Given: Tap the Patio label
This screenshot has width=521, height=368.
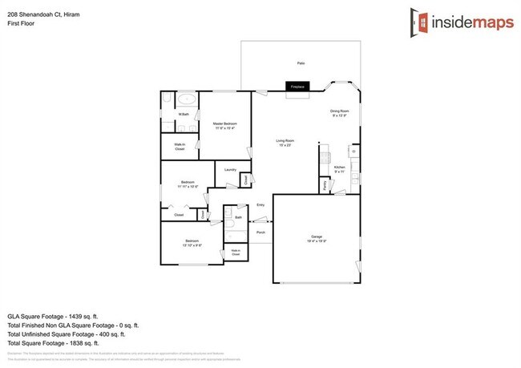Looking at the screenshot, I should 301,63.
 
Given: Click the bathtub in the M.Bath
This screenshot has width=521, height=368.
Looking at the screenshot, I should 187,101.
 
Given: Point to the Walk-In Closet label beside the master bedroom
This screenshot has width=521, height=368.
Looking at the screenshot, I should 180,148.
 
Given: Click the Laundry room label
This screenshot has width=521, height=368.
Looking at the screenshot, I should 229,170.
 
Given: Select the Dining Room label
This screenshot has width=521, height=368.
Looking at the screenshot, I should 340,113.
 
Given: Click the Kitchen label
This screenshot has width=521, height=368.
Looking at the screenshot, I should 339,169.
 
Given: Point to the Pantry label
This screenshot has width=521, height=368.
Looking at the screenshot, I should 325,184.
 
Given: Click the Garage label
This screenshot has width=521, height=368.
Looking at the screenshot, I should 317,238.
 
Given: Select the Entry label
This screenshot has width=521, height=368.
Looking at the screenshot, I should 260,206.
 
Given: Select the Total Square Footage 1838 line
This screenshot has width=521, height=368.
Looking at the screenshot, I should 63,344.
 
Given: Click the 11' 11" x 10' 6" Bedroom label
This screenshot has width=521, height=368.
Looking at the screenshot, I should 188,184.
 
